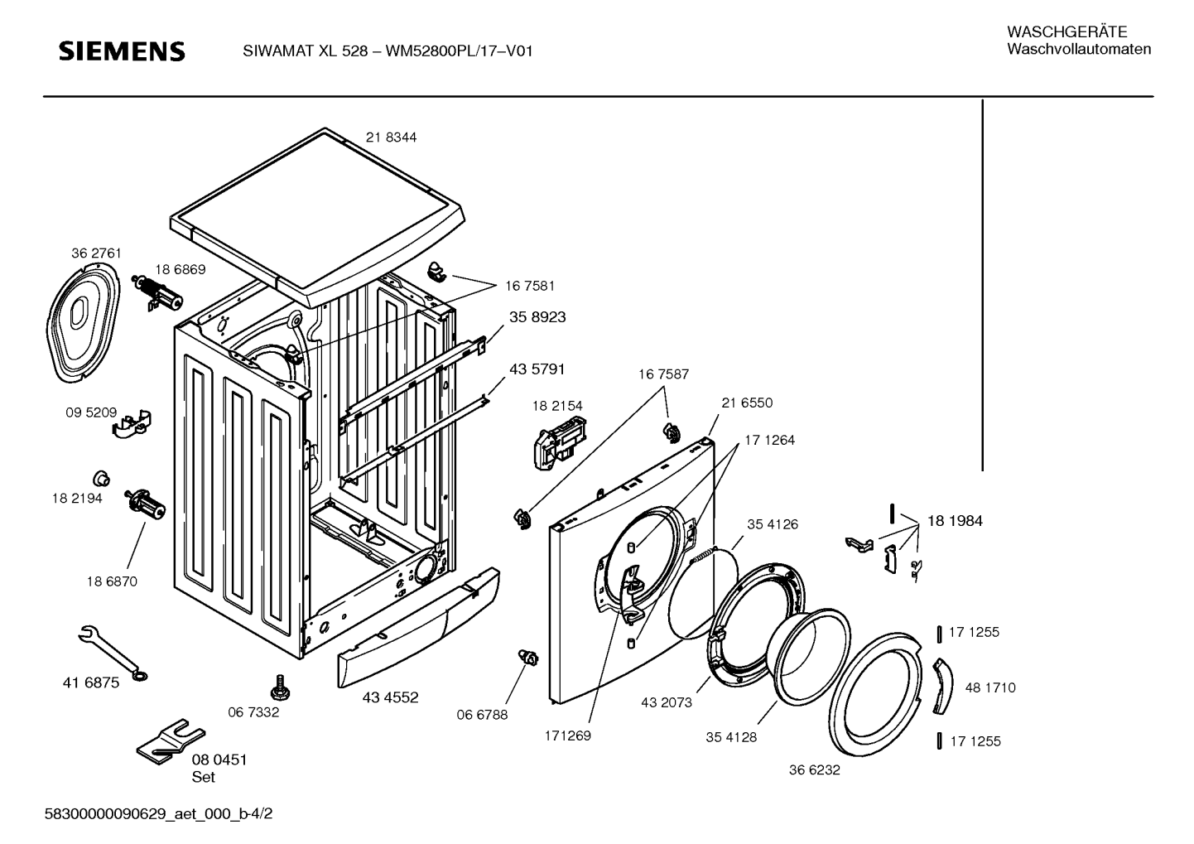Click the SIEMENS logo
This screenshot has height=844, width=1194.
(122, 51)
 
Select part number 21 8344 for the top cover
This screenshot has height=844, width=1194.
(391, 137)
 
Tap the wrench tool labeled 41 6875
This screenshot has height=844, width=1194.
(113, 653)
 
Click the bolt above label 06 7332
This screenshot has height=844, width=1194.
(279, 687)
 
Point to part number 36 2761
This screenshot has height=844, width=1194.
(97, 253)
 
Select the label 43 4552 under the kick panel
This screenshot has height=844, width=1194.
(390, 697)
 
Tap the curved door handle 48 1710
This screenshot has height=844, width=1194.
(942, 686)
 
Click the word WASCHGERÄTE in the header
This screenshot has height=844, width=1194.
(1066, 32)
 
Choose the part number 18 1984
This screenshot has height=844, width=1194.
(955, 521)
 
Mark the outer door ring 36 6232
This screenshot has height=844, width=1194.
(876, 693)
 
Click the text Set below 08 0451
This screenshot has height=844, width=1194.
(203, 778)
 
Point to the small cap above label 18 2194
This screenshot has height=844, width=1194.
(101, 478)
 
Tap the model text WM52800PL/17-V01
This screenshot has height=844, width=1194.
(459, 51)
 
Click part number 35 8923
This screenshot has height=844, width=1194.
(537, 317)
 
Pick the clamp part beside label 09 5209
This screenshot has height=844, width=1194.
(132, 424)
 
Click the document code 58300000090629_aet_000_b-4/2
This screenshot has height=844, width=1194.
(158, 814)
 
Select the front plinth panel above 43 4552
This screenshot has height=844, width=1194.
(418, 627)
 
